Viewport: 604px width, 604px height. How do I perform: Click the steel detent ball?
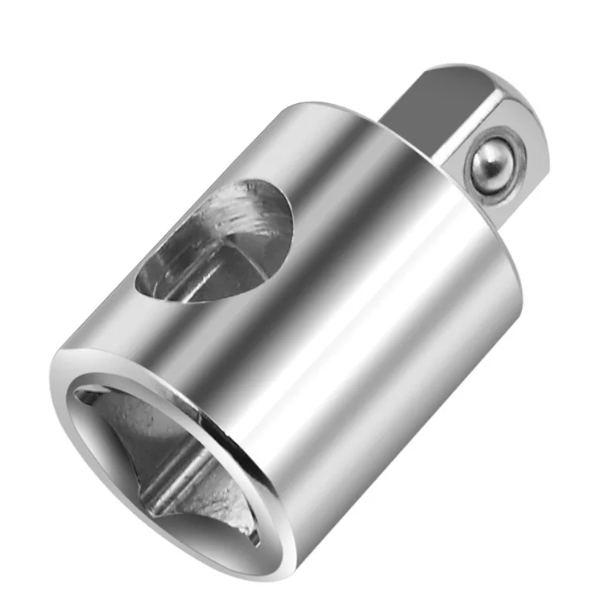(x=490, y=166)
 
